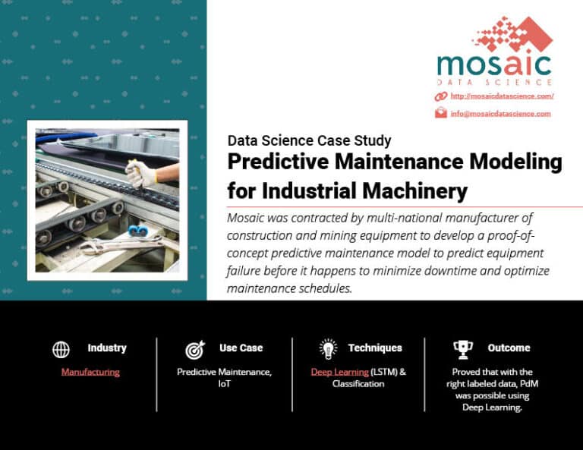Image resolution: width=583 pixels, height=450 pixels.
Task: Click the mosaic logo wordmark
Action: [494, 66]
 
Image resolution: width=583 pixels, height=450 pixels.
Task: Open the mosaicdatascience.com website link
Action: [502, 96]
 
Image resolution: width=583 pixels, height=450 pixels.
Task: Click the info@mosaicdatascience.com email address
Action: [500, 114]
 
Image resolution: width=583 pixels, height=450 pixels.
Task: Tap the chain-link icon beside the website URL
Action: [441, 96]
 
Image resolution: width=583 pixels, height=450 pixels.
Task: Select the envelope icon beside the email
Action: [441, 112]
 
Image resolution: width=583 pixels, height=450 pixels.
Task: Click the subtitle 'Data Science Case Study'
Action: [310, 141]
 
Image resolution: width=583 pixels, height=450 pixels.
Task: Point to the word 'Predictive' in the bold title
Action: [278, 162]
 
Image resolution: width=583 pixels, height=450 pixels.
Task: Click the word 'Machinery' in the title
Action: [414, 191]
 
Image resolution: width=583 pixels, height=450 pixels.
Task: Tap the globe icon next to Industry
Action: [61, 349]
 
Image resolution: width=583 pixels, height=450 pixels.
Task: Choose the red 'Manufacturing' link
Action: [90, 372]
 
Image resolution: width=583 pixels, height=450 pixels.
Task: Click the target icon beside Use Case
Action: [195, 350]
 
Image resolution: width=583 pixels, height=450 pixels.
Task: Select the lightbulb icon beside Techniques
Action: [328, 349]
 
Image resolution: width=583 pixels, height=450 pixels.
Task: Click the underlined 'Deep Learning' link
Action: [339, 372]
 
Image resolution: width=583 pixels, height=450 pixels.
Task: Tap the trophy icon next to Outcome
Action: [463, 350]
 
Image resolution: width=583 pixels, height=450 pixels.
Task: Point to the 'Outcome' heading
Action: [509, 348]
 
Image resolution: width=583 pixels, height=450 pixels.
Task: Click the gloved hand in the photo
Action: [140, 174]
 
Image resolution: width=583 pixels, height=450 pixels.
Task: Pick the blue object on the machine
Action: [138, 231]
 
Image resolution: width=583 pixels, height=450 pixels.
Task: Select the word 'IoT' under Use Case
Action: [224, 384]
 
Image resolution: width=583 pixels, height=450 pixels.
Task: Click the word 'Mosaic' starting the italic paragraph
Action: [245, 218]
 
